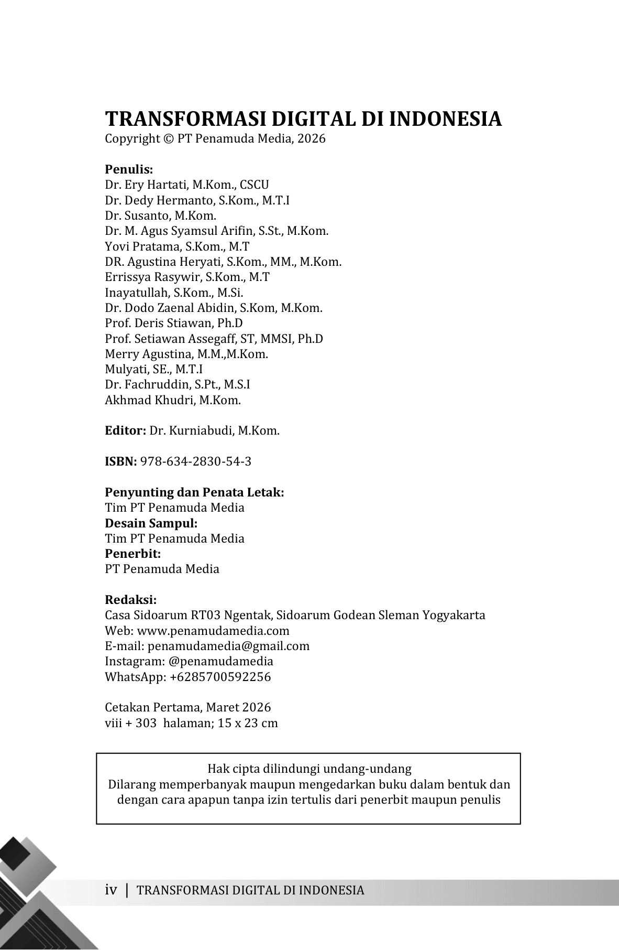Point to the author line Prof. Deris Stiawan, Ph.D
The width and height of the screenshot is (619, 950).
coord(174,323)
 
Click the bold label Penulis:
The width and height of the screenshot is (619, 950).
coord(129,169)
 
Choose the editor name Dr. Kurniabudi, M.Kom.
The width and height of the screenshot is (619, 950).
coord(214,431)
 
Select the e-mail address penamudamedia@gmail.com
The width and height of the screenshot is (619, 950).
coord(228,646)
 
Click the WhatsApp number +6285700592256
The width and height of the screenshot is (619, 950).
coord(220,677)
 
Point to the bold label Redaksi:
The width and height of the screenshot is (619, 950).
coord(131,600)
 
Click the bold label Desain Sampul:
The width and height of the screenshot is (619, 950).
coord(151,523)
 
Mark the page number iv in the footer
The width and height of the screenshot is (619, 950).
coord(110,890)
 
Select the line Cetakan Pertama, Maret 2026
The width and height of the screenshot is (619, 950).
coord(188,707)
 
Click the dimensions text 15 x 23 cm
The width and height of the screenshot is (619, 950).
coord(248,723)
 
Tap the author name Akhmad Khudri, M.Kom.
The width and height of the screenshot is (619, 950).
coord(173,400)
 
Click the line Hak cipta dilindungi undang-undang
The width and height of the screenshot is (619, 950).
coord(309,769)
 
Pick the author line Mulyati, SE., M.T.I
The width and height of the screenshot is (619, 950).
coord(154,369)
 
